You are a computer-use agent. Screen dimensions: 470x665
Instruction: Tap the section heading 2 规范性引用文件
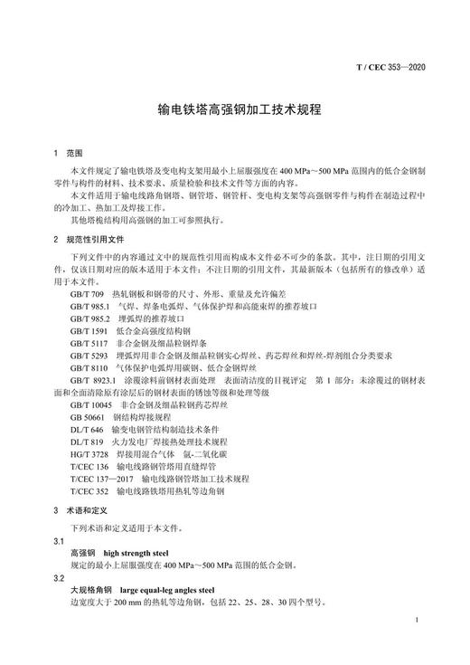pos(87,241)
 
